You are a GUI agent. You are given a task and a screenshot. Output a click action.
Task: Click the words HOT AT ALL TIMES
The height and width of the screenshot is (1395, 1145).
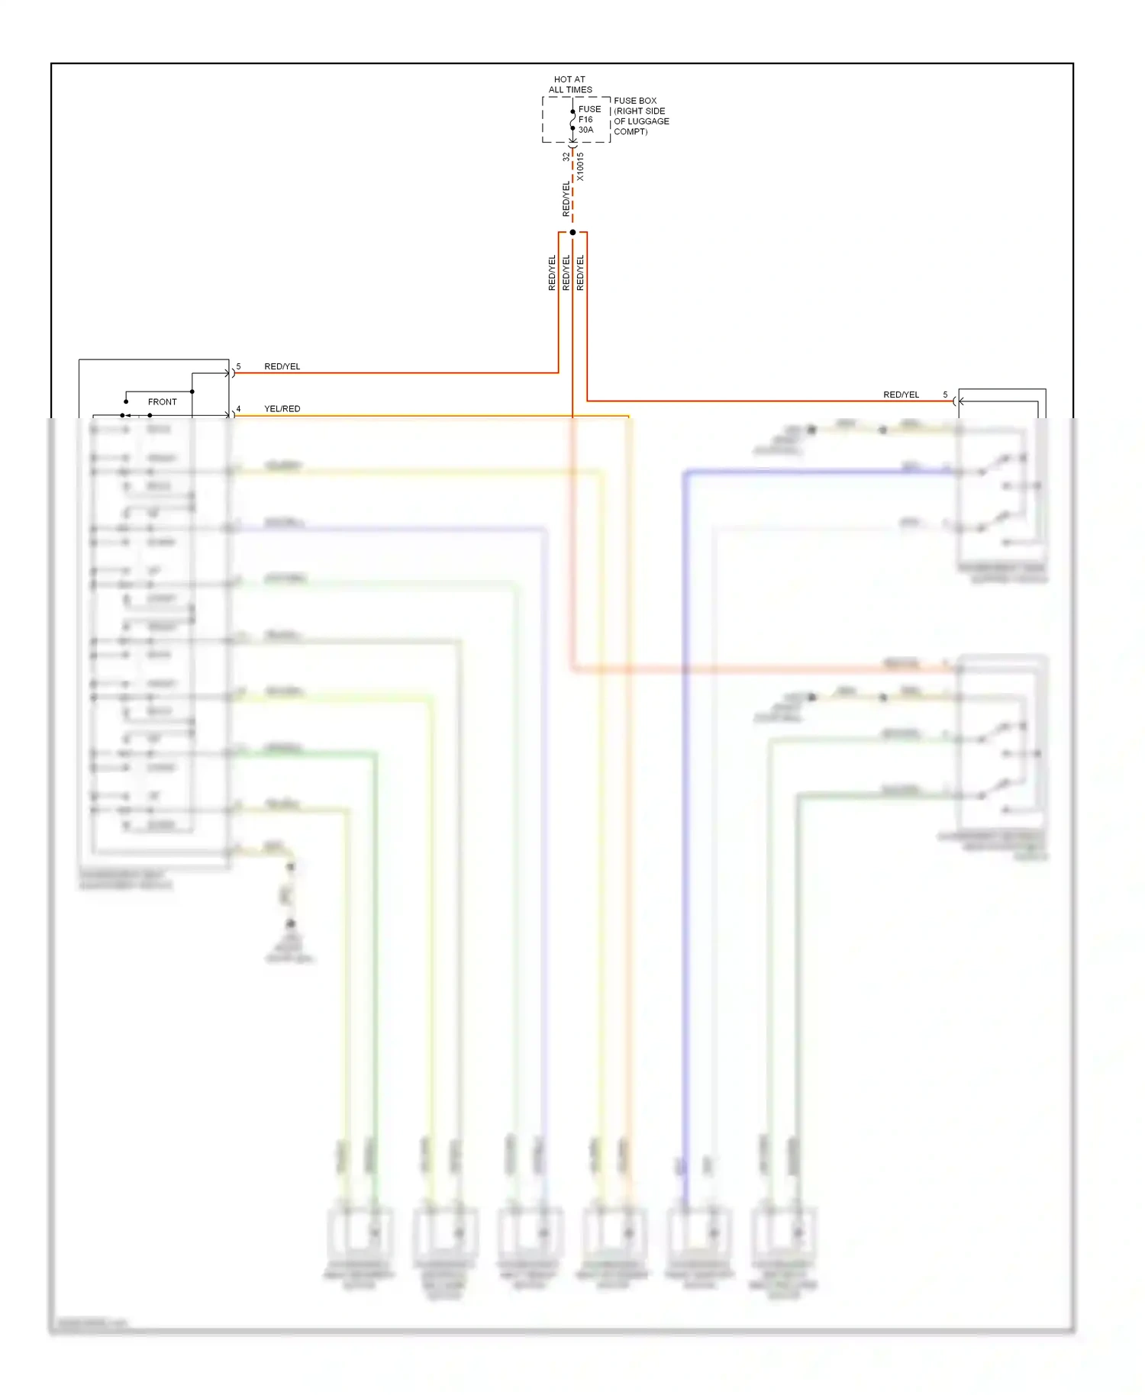[x=569, y=84]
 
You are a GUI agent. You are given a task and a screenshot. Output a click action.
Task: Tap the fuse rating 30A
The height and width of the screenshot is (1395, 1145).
[x=585, y=130]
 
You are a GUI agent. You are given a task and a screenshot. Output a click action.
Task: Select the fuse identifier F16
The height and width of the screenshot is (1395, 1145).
[x=585, y=119]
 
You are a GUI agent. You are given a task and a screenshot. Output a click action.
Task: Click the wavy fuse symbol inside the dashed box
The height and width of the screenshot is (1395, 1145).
[x=572, y=120]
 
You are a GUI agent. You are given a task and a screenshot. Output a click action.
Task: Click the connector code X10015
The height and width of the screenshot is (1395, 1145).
[x=580, y=166]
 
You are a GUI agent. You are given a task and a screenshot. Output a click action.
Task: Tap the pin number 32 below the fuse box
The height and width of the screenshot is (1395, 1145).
[x=566, y=157]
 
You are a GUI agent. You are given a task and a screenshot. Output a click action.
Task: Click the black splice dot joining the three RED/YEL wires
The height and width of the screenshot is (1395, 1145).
[x=572, y=232]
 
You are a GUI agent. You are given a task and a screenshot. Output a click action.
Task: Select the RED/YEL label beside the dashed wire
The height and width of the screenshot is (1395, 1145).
[x=566, y=198]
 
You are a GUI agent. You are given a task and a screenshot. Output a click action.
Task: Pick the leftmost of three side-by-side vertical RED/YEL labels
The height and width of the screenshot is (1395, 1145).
[x=552, y=272]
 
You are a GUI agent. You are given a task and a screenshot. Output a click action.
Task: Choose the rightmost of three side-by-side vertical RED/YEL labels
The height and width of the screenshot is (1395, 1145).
[x=580, y=272]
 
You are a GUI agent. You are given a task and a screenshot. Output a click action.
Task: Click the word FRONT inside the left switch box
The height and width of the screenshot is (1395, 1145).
[x=162, y=401]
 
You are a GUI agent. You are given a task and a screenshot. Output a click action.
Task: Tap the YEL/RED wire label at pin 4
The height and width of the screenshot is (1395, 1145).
[x=282, y=409]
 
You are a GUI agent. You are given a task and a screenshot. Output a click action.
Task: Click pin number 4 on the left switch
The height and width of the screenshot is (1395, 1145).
[x=238, y=409]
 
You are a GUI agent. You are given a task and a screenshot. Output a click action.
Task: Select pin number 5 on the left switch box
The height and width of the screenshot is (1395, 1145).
[x=238, y=366]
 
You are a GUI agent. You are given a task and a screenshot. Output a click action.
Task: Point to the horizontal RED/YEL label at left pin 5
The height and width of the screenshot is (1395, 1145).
[x=282, y=366]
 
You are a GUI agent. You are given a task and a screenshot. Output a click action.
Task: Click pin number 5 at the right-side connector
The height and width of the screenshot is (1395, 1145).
[x=945, y=395]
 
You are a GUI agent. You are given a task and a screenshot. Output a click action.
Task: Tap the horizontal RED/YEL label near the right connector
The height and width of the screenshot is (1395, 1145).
[x=901, y=395]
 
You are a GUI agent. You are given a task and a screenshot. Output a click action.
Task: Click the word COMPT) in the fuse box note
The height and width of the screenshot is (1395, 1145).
[x=631, y=132]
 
